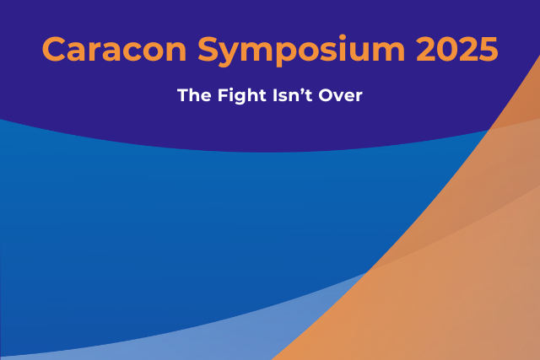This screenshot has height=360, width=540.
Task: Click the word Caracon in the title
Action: click(115, 49)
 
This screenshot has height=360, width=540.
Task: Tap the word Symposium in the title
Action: click(301, 51)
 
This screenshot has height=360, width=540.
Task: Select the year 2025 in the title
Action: click(457, 49)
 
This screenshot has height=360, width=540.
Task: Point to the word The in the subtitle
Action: click(194, 95)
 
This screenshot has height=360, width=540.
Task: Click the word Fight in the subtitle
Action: click(242, 96)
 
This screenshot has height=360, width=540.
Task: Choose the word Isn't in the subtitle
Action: click(293, 95)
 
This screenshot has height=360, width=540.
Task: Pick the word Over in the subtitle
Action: click(340, 95)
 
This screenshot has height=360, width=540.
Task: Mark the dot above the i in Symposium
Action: click(343, 37)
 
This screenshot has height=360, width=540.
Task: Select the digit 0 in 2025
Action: click(446, 49)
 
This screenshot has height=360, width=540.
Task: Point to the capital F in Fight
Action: click(223, 95)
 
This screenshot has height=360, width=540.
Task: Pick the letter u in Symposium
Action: click(361, 53)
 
